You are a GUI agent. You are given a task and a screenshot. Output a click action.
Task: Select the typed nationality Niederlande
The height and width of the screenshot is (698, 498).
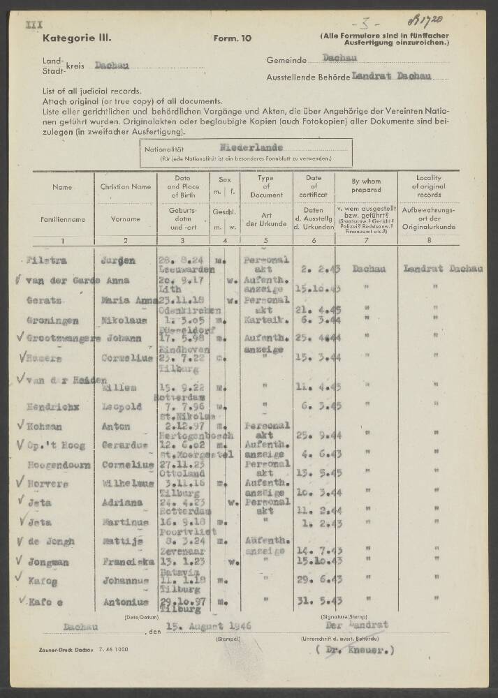251,147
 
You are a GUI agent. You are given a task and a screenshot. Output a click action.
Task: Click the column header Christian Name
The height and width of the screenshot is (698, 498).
125,186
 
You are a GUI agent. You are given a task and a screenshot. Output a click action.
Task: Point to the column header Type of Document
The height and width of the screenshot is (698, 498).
265,186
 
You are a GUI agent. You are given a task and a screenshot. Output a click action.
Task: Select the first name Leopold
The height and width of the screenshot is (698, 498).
125,406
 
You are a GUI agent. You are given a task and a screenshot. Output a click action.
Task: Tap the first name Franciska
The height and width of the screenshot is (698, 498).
128,560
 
